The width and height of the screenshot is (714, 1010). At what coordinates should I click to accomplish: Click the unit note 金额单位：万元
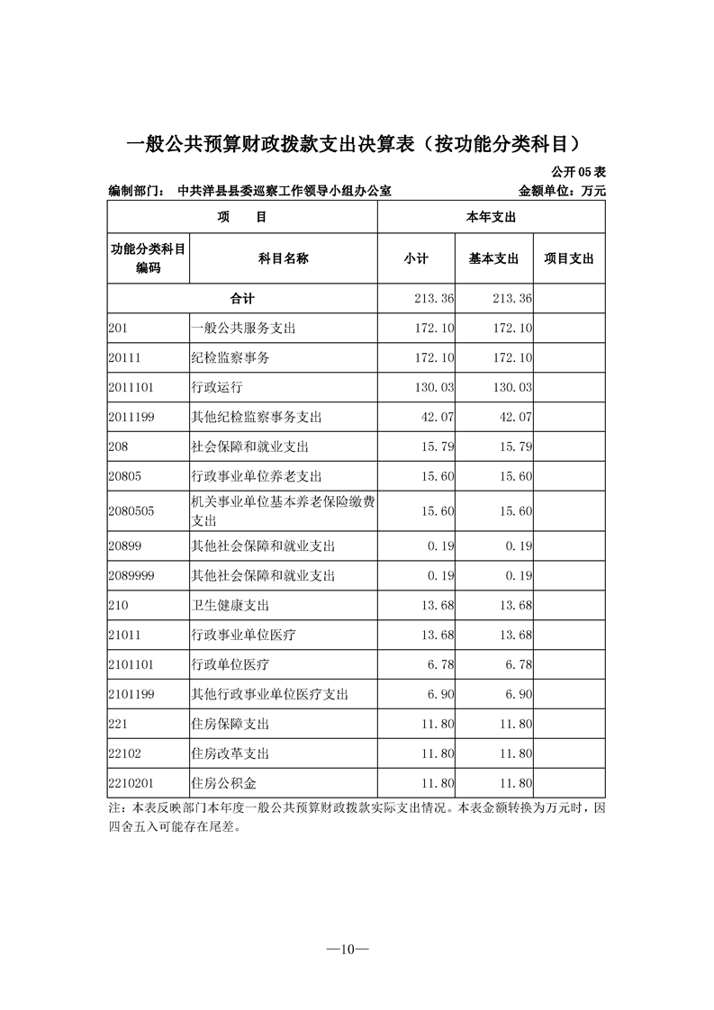(562, 191)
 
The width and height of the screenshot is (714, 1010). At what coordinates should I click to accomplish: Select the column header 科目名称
(283, 258)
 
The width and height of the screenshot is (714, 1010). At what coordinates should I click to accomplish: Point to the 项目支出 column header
(568, 258)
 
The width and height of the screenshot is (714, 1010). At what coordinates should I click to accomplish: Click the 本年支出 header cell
(490, 217)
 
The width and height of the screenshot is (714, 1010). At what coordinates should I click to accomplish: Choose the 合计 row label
(242, 298)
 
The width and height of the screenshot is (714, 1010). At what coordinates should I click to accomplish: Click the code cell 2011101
(131, 387)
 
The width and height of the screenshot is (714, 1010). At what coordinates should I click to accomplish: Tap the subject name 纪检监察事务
(230, 357)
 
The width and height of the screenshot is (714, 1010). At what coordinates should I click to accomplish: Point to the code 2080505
(131, 510)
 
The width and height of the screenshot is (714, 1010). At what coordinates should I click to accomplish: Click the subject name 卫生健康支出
(230, 606)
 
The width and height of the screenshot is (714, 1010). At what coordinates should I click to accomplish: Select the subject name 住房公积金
(224, 782)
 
